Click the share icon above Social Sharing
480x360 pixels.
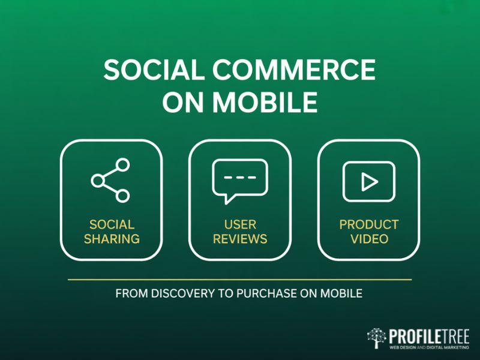click(110, 180)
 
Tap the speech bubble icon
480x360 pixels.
click(240, 181)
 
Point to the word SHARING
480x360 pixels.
click(112, 239)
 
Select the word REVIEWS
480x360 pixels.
click(240, 239)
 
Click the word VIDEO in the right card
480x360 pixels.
click(369, 239)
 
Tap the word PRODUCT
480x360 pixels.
click(369, 225)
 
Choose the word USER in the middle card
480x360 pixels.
click(240, 225)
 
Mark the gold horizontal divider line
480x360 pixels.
click(240, 280)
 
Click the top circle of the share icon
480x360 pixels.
click(123, 164)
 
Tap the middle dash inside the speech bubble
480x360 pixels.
click(240, 176)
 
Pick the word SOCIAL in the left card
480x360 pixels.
click(112, 225)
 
